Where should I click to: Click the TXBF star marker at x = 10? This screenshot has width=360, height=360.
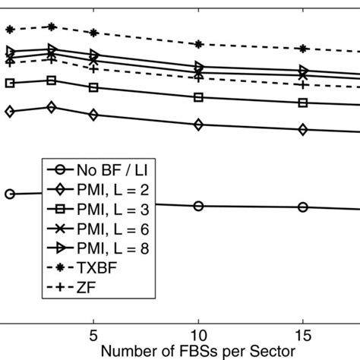pyautogui.click(x=198, y=44)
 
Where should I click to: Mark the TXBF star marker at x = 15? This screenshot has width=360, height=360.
pyautogui.click(x=303, y=49)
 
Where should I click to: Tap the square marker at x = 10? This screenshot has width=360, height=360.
pyautogui.click(x=198, y=97)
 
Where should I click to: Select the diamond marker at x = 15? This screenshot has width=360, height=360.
pyautogui.click(x=303, y=130)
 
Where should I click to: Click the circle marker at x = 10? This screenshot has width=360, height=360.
pyautogui.click(x=198, y=206)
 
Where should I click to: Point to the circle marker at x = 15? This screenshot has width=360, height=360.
pyautogui.click(x=303, y=207)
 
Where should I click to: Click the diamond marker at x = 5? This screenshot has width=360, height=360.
pyautogui.click(x=93, y=115)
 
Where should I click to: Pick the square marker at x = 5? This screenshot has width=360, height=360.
pyautogui.click(x=93, y=87)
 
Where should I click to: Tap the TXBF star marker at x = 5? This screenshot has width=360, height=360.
pyautogui.click(x=93, y=33)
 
